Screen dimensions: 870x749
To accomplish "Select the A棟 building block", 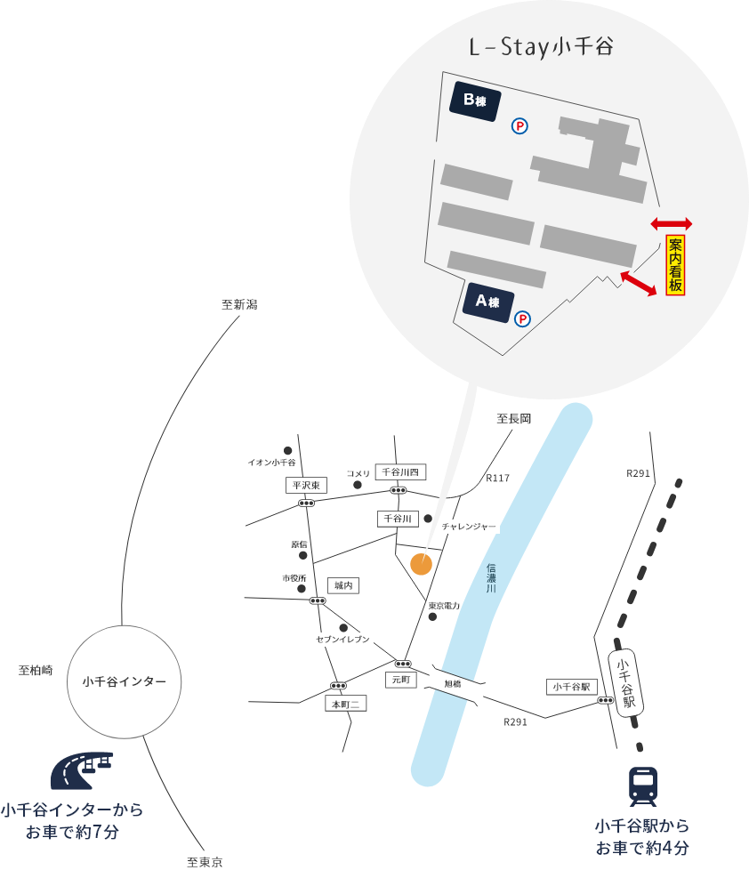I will coord(488,301).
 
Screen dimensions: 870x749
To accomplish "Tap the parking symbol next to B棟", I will coord(519,126).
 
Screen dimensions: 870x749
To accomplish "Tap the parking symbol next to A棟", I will coord(523,318).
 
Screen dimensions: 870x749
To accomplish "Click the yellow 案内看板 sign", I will coord(675,265).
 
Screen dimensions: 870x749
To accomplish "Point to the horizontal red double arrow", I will coord(671,223).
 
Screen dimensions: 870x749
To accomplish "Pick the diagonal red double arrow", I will coord(639,282).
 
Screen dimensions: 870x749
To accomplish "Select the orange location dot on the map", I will coord(421,563).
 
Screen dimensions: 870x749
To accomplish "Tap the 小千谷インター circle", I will coord(125,681).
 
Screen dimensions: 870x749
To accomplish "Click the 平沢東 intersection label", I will coord(308,486).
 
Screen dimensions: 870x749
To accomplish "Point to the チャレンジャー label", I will coord(469,527).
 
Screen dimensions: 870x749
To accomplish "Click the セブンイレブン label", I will coord(342,639).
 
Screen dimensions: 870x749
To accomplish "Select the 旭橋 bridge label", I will coord(453,684).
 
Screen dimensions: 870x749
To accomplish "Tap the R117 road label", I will coord(497,479).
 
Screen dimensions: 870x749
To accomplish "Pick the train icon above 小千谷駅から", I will coord(642,786).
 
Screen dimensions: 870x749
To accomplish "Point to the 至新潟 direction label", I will coord(239,304).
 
